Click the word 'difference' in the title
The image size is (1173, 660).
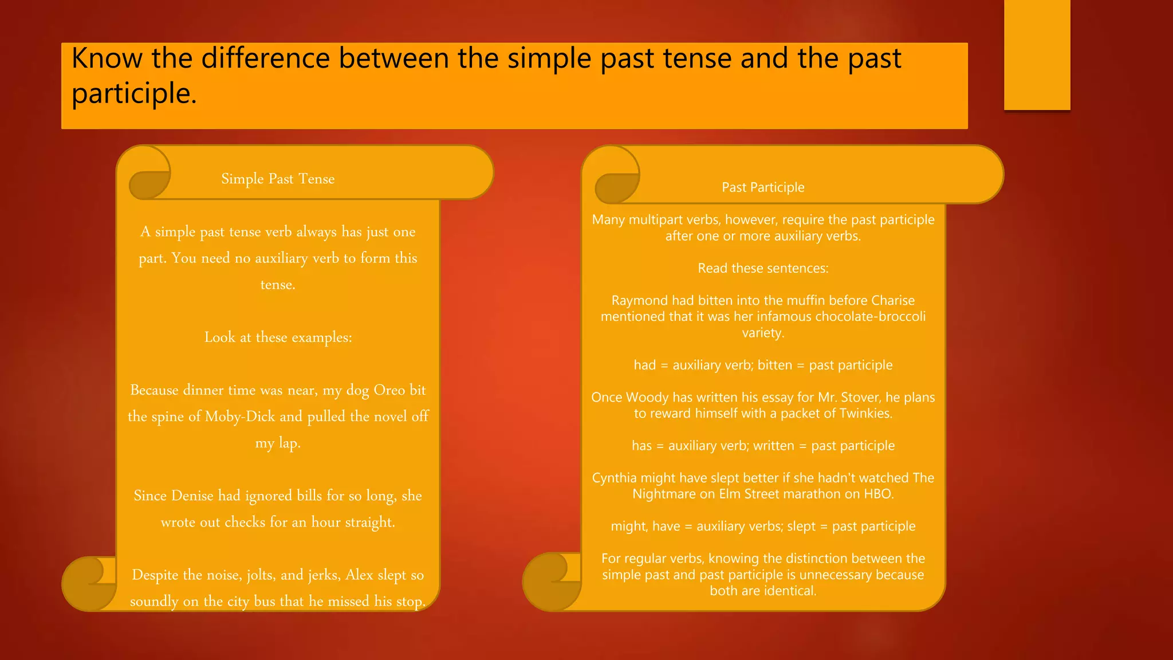pos(266,58)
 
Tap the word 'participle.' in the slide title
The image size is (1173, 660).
pos(134,94)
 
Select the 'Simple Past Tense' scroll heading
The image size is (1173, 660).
pos(278,179)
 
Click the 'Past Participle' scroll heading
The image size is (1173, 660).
pos(763,187)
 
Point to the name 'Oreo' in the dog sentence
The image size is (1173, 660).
pos(389,390)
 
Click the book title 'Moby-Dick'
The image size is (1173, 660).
pos(240,417)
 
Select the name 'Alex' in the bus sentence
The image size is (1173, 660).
pos(359,575)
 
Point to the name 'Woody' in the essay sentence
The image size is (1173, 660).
pos(647,397)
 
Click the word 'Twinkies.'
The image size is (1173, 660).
pos(866,413)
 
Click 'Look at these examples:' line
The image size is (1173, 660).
pos(278,337)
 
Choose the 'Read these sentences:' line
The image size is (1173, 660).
pos(763,268)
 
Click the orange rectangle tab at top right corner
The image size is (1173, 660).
pos(1037,54)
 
